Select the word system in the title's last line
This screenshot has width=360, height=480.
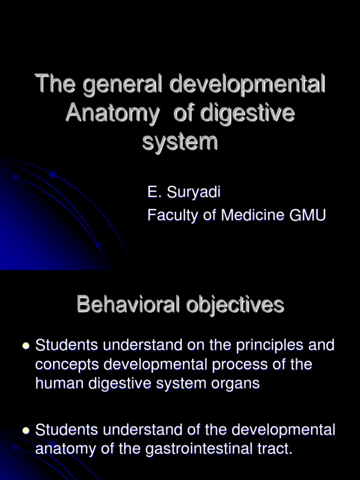(x=180, y=141)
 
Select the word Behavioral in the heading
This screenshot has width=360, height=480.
(x=128, y=305)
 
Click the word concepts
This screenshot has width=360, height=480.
(x=65, y=365)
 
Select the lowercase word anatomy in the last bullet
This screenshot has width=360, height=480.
(x=65, y=449)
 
